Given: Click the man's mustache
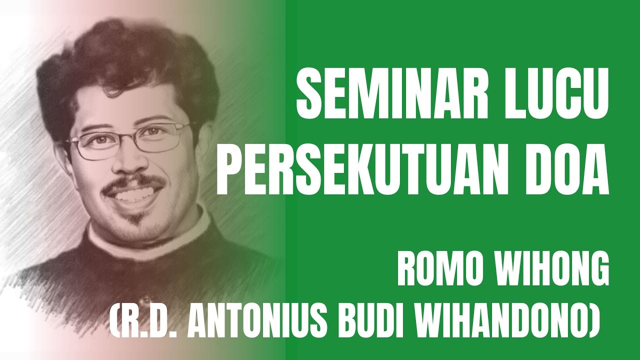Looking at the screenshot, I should tap(132, 183).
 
